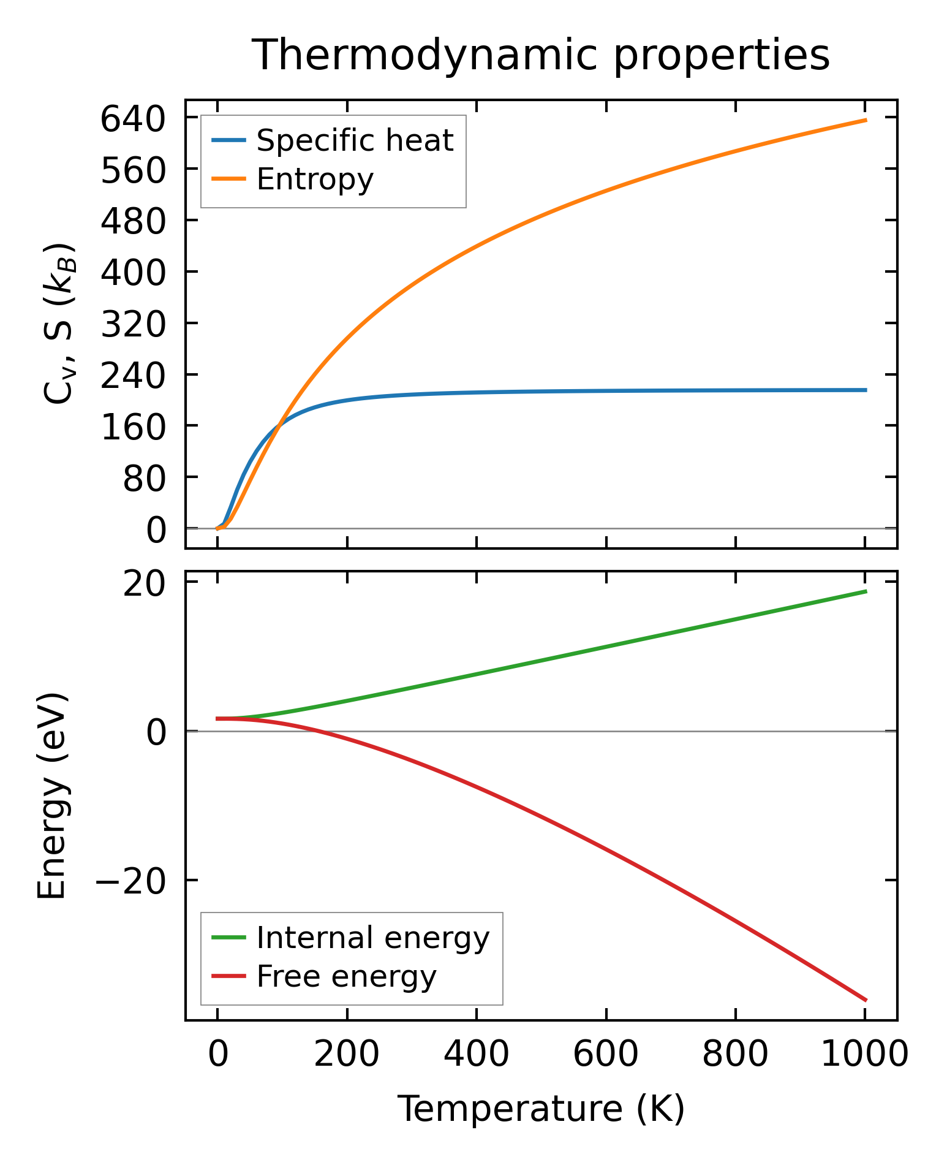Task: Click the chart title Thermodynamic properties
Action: (x=541, y=55)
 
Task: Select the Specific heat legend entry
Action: (x=355, y=140)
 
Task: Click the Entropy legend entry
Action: (x=315, y=179)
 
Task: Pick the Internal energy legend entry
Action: (x=373, y=938)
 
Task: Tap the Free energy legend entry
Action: (x=346, y=976)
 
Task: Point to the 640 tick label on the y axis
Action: (x=133, y=119)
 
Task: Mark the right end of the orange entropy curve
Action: (x=866, y=120)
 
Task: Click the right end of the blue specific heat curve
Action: (x=866, y=390)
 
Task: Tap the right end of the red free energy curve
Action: (x=866, y=1000)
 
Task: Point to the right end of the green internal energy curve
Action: (x=866, y=591)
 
